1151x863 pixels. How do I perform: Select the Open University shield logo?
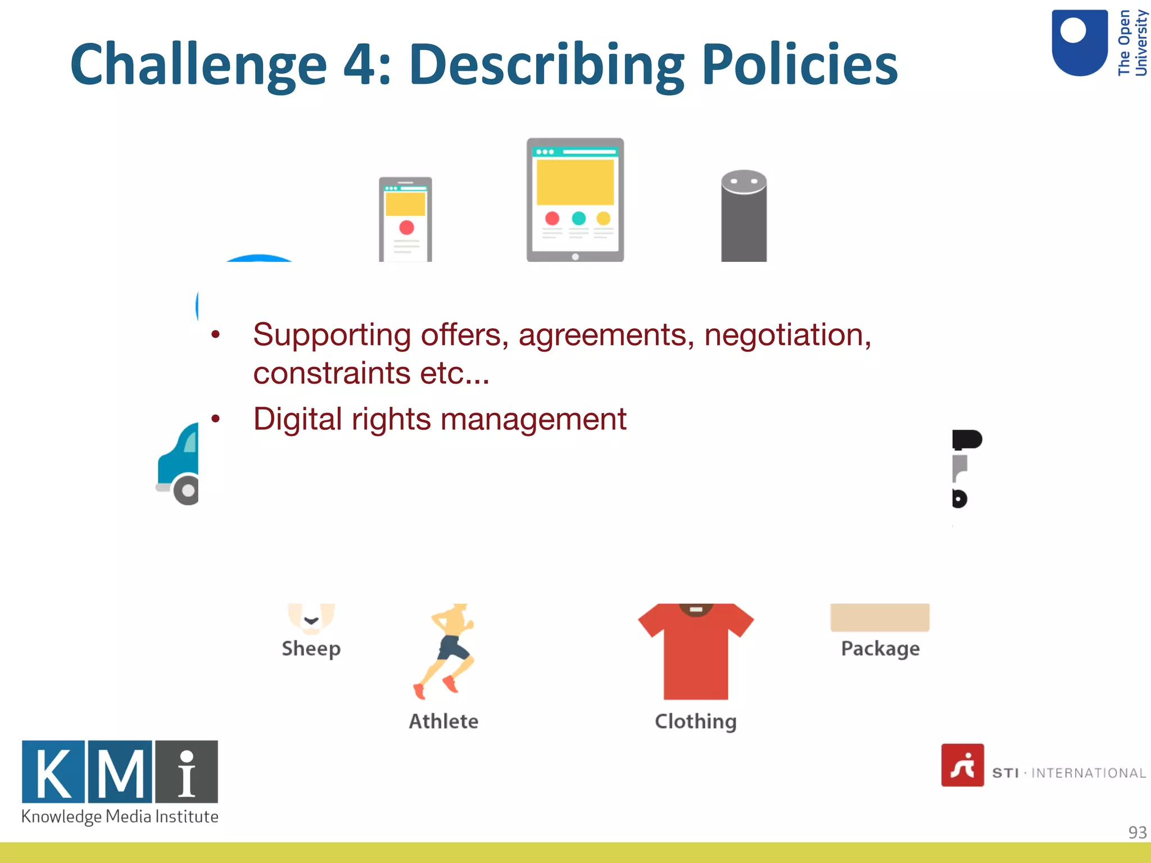coord(1079,43)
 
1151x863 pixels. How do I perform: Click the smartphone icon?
coord(405,219)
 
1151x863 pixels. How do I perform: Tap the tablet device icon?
coord(575,199)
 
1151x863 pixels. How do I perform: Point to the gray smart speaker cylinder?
coord(744,216)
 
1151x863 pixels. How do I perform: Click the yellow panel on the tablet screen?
coord(575,182)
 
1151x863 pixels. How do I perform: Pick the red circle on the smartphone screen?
coord(406,228)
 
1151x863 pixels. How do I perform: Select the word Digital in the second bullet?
coord(297,419)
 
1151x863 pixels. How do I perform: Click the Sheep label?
coord(311,648)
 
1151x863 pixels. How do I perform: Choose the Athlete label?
coord(443,721)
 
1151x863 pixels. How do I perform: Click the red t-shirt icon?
coord(696,652)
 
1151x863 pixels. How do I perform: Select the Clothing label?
coord(695,721)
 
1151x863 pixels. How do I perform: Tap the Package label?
coord(880,648)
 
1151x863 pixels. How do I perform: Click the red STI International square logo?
coord(962,765)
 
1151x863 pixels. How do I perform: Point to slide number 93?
coord(1137,832)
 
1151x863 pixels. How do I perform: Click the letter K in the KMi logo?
coord(53,772)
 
